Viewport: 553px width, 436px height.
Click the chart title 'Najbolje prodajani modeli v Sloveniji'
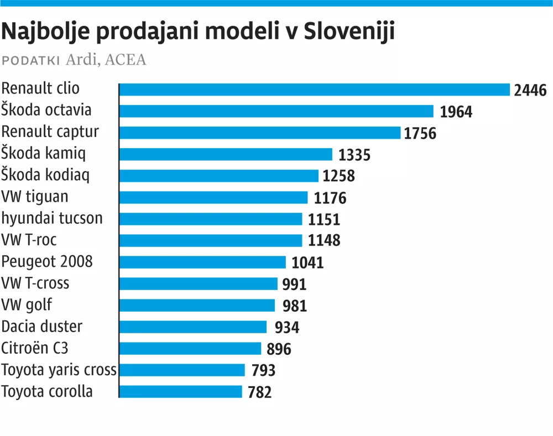[198, 33]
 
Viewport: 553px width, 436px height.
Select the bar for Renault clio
[314, 90]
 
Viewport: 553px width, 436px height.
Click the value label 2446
[530, 90]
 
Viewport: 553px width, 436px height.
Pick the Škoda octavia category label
[46, 110]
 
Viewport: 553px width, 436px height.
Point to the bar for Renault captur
[259, 133]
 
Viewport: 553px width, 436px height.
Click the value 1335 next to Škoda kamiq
[354, 155]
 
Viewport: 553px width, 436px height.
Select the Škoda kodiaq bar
[219, 176]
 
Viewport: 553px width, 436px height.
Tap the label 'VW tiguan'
[35, 197]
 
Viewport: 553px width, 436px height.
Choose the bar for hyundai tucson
[211, 219]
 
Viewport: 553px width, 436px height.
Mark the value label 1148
[324, 240]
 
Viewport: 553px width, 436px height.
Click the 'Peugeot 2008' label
[47, 261]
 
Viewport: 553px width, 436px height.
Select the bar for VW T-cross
[198, 283]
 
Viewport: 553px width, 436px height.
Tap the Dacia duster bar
[193, 327]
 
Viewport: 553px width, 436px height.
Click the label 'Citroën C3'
[35, 348]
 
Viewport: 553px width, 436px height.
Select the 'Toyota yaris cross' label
[59, 370]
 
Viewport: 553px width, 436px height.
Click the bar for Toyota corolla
[181, 391]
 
